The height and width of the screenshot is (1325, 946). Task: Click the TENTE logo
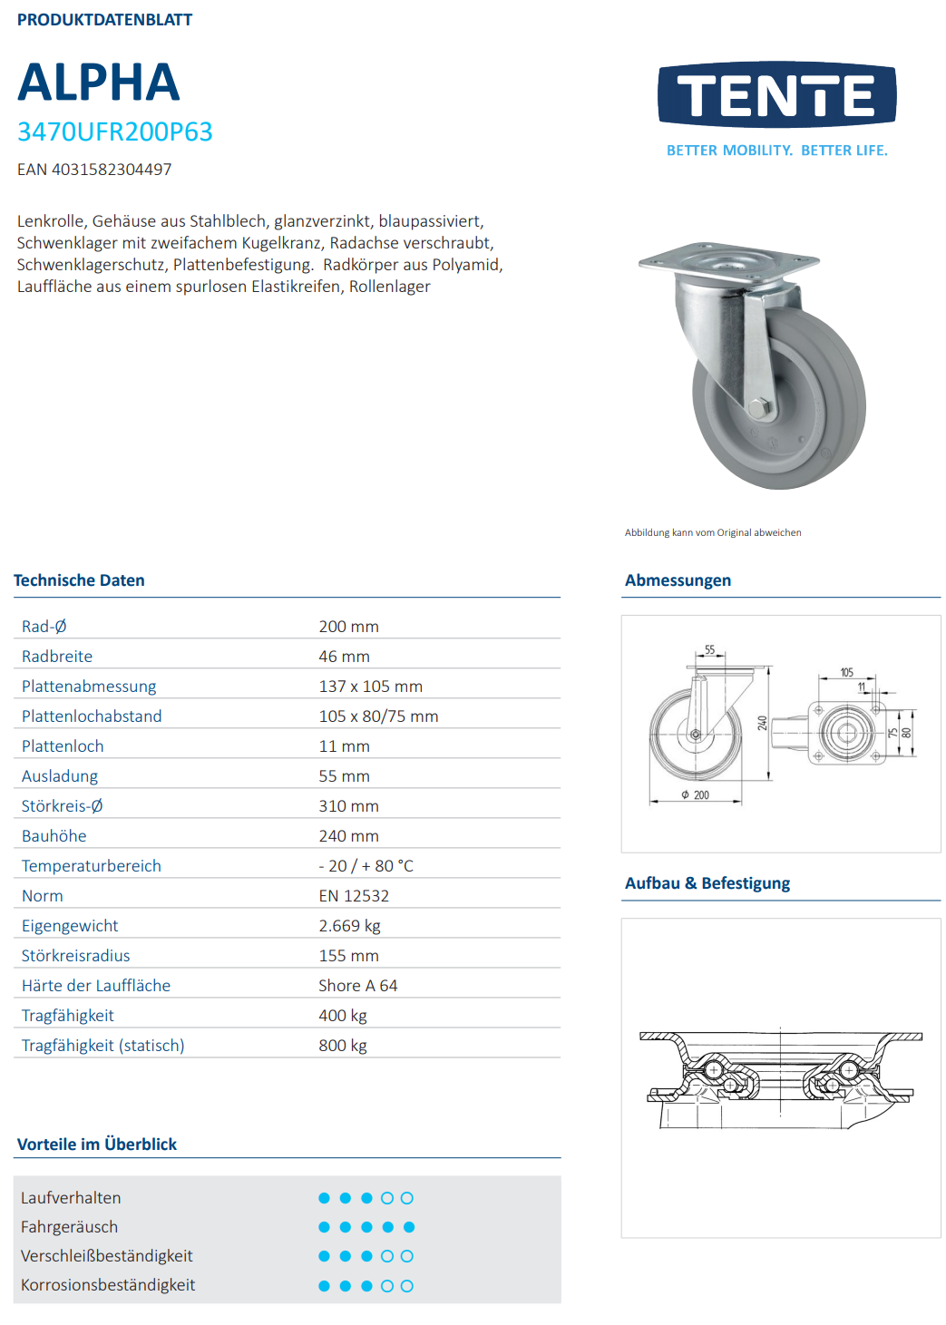776,95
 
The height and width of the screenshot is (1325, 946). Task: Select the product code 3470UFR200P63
115,132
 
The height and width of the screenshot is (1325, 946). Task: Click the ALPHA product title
99,83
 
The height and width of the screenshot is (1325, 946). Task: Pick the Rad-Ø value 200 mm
348,627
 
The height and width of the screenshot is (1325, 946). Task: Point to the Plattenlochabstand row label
92,716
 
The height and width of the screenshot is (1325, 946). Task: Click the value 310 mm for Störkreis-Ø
348,806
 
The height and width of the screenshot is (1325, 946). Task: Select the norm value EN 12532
354,896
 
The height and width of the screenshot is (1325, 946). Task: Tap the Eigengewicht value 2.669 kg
349,926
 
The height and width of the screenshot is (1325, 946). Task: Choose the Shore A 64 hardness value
357,986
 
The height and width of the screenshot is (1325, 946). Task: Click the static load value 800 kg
343,1046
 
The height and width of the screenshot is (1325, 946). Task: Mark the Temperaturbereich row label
92,866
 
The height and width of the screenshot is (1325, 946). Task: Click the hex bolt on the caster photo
760,408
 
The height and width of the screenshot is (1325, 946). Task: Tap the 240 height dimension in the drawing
763,723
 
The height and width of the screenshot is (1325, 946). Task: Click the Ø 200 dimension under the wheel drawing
696,795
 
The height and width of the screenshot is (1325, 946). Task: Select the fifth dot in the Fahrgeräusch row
409,1227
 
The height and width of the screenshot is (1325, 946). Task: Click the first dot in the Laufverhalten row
324,1198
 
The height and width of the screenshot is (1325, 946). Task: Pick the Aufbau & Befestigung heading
707,883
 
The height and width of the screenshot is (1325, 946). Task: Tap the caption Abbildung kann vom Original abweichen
713,533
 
